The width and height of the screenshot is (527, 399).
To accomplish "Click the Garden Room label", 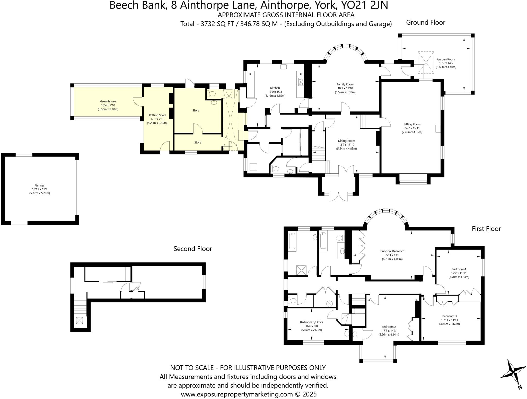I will (446, 59).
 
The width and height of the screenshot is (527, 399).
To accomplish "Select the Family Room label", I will (345, 84).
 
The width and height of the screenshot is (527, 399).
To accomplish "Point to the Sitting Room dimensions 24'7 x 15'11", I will (412, 128).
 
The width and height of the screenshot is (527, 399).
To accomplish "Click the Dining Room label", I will (346, 141).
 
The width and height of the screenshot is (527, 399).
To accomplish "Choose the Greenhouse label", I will (108, 101).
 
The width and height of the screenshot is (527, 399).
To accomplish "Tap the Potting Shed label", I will (157, 115).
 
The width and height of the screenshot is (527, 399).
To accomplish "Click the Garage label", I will (40, 185).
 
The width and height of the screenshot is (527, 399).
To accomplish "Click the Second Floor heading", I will (193, 249).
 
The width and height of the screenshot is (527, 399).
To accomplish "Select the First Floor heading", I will (486, 229).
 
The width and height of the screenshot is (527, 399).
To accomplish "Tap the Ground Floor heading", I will (426, 23).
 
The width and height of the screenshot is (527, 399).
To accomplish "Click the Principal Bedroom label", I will (392, 251).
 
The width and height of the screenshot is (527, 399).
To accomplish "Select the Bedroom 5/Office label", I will (311, 322).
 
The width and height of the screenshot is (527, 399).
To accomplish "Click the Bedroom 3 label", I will (449, 316).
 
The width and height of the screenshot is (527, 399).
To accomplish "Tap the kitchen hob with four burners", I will (301, 82).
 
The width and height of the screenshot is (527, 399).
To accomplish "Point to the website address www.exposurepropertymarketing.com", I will (237, 394).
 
